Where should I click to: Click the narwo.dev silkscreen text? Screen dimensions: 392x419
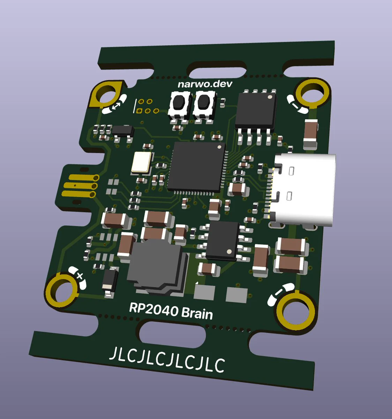pyautogui.click(x=205, y=84)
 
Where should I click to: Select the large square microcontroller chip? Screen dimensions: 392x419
pyautogui.click(x=197, y=167)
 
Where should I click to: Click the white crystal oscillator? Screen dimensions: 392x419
pyautogui.click(x=141, y=162)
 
